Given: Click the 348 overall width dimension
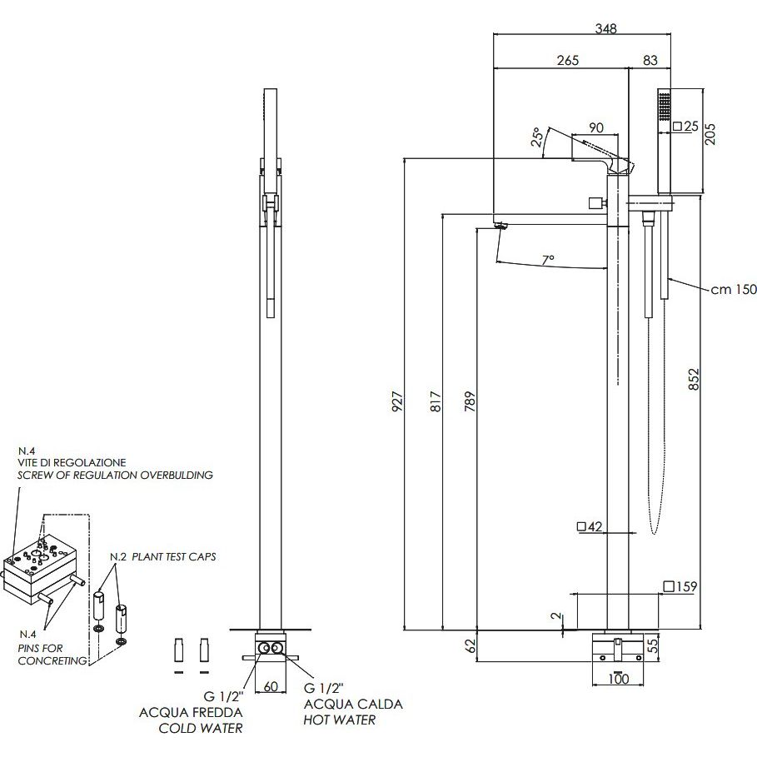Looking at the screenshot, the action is pos(606,28).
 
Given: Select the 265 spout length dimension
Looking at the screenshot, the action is pos(568,60).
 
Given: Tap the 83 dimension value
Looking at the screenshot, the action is pos(650,60).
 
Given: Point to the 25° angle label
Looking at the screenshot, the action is pos(537,137).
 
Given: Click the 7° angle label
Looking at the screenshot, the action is pos(547,260).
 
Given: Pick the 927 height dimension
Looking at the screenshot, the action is pos(397,401).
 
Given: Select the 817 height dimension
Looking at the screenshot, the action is pos(436,401).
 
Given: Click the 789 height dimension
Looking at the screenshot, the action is pos(470,401).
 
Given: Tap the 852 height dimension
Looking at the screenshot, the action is pos(694,380).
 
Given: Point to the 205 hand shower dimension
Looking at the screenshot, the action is pos(710,134).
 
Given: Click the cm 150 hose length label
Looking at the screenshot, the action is pos(734,290).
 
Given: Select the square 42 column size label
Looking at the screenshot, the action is pos(590,526).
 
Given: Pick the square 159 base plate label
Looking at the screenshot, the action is pos(680,586).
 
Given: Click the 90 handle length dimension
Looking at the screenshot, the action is pos(596,127).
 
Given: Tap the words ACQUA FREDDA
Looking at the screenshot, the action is pos(191,713).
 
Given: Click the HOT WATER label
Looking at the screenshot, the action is pos(340,720).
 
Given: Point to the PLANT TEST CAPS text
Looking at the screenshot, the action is pos(174,556).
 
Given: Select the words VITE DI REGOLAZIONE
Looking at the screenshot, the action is pos(72,462).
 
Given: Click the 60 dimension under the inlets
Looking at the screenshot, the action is pos(271,686).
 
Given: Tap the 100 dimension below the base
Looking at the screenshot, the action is pos(619,679).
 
